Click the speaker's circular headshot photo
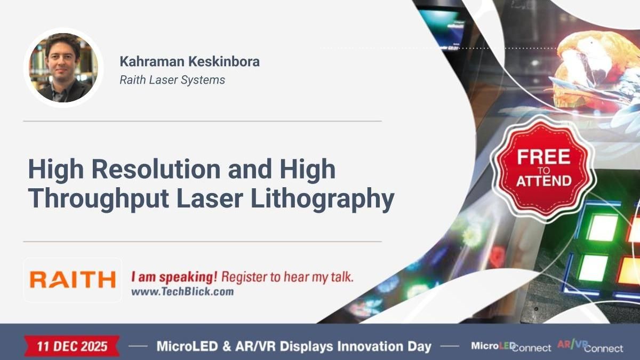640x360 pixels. pyautogui.click(x=63, y=68)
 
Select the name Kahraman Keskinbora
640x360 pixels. pyautogui.click(x=189, y=61)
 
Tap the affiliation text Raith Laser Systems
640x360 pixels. pyautogui.click(x=172, y=80)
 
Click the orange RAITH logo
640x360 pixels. pyautogui.click(x=73, y=279)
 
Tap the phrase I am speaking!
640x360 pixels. pyautogui.click(x=174, y=277)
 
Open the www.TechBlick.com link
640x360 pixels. pyautogui.click(x=182, y=292)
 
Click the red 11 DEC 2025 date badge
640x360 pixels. pyautogui.click(x=72, y=346)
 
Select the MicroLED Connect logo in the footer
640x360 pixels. pyautogui.click(x=510, y=347)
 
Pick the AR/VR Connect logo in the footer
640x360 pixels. pyautogui.click(x=590, y=347)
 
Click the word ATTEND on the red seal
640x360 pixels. pyautogui.click(x=543, y=181)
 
